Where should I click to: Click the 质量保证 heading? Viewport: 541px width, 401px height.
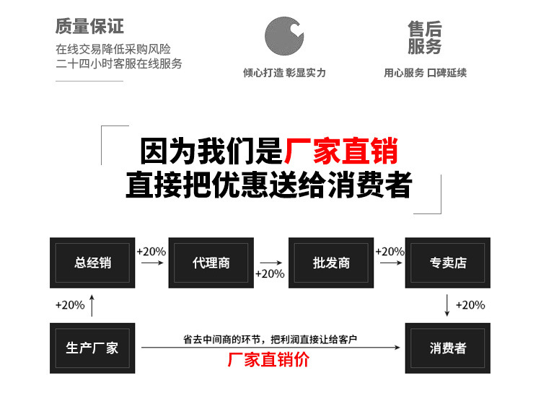pyautogui.click(x=89, y=27)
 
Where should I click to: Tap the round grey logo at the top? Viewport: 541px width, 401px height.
pyautogui.click(x=283, y=35)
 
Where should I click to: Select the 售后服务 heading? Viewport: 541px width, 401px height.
pyautogui.click(x=425, y=38)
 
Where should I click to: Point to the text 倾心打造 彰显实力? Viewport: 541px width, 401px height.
pyautogui.click(x=283, y=73)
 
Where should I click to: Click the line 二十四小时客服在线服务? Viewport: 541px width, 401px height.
pyautogui.click(x=119, y=63)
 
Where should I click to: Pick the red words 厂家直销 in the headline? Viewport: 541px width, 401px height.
pyautogui.click(x=340, y=152)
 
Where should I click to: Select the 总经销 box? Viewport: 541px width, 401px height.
pyautogui.click(x=92, y=263)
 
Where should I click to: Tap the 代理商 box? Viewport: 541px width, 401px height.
pyautogui.click(x=211, y=263)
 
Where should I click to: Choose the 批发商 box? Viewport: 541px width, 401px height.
pyautogui.click(x=331, y=263)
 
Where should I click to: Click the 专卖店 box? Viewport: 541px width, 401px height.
pyautogui.click(x=448, y=263)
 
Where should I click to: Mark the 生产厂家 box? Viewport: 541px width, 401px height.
pyautogui.click(x=92, y=348)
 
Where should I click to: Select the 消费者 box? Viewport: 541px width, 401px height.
pyautogui.click(x=448, y=348)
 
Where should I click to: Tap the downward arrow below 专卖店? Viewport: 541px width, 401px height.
pyautogui.click(x=447, y=305)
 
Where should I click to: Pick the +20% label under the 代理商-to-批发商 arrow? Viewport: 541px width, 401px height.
pyautogui.click(x=270, y=274)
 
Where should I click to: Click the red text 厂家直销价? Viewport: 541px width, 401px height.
pyautogui.click(x=268, y=359)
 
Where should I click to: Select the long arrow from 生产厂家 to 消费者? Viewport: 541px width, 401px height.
pyautogui.click(x=270, y=348)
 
